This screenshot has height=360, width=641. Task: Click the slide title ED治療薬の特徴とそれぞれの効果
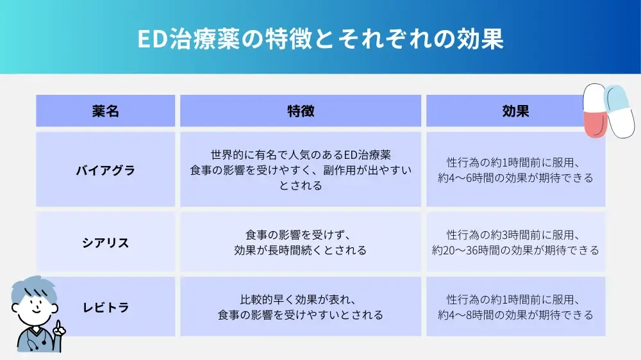(320, 38)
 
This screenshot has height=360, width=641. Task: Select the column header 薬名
(105, 111)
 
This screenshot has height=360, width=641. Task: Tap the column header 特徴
(301, 111)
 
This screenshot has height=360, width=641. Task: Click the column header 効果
(515, 111)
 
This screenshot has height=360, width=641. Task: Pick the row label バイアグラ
(105, 170)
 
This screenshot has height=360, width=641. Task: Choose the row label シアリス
(105, 243)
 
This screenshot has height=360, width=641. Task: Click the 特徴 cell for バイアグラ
(301, 170)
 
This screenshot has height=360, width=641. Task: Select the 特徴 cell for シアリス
(301, 243)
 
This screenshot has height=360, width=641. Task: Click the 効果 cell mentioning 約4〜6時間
(515, 170)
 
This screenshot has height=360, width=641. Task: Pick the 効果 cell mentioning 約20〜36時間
(515, 243)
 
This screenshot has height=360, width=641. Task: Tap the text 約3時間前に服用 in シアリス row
(538, 235)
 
